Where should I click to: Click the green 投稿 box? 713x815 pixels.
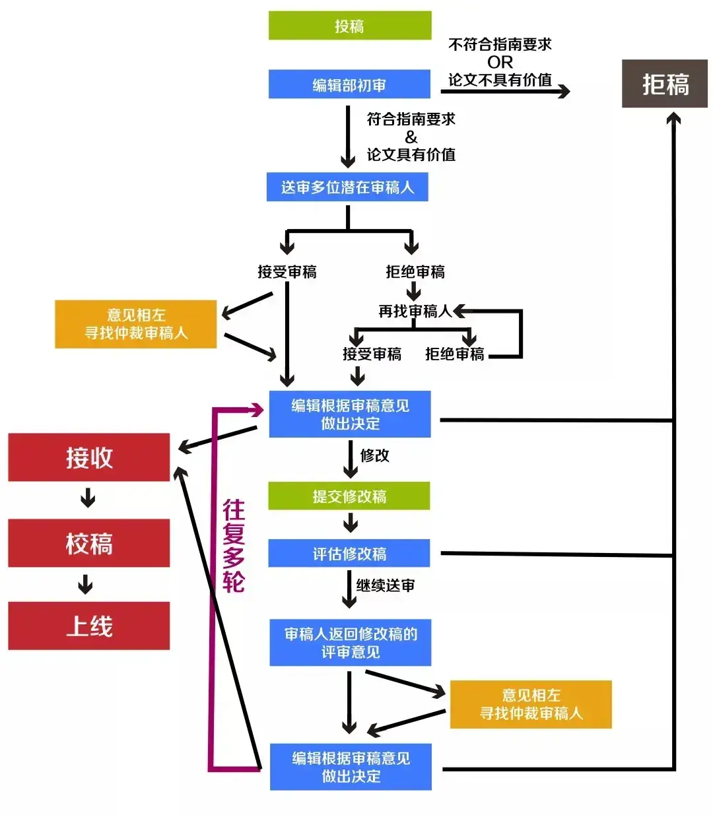pos(349,26)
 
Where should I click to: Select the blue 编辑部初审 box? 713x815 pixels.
pos(349,84)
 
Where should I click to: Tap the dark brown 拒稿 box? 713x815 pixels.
pos(665,84)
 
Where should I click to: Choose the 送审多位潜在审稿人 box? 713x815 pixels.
pos(347,187)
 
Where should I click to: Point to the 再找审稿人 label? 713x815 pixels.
pos(414,311)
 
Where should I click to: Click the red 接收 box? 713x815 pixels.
pos(89,457)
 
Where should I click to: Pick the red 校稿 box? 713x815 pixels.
pos(89,543)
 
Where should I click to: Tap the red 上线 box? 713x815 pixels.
pos(89,626)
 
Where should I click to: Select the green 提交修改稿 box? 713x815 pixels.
pos(349,496)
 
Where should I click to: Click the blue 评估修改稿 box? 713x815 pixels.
pos(349,553)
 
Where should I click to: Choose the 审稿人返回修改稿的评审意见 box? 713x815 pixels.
pos(350,643)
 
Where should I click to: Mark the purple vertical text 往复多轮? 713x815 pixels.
pos(234,546)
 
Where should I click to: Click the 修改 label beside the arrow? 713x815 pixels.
pos(374,455)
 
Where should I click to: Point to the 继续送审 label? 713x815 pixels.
pos(386,585)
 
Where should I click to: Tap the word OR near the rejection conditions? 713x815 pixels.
pos(500,62)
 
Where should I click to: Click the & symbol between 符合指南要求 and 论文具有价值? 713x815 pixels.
pos(411,137)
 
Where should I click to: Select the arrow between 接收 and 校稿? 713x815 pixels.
pos(88,498)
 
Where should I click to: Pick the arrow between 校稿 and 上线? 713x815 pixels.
pos(86,585)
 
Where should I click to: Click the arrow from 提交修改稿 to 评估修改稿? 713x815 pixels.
pos(351,523)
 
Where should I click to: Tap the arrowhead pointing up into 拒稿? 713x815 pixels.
pos(673,119)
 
